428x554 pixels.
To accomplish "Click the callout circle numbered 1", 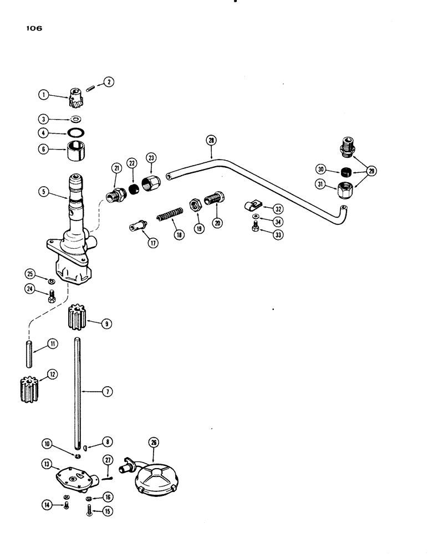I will click(43, 94).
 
